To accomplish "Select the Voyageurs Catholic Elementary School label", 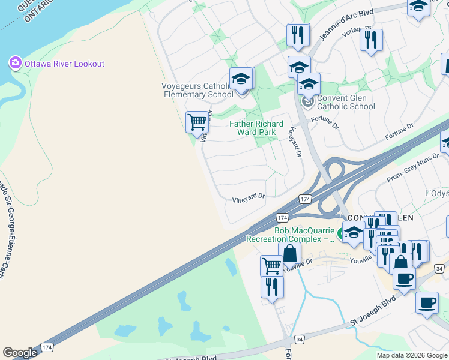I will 197,90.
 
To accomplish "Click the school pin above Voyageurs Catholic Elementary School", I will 241,79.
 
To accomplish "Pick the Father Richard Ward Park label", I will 257,128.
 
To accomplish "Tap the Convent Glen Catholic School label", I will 346,103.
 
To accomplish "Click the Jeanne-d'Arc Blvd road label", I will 338,28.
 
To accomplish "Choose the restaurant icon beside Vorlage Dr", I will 371,40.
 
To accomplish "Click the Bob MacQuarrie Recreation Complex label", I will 291,234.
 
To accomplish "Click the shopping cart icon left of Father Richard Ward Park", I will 196,122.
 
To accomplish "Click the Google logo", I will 20,353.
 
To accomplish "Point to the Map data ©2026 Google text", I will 412,355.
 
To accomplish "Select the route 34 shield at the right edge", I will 439,268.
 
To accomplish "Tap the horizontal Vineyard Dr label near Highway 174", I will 248,197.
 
